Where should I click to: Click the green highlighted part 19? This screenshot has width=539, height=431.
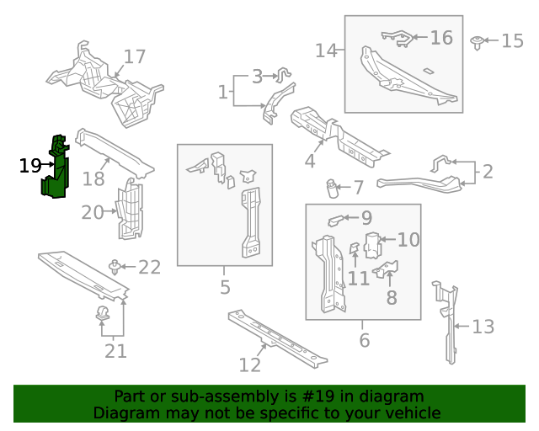(x=56, y=168)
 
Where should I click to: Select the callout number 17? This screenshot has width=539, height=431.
(x=135, y=57)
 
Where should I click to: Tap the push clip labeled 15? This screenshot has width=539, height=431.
(x=478, y=40)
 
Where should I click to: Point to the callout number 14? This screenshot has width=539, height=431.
(x=326, y=51)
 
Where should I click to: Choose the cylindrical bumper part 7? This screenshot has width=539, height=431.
(x=333, y=187)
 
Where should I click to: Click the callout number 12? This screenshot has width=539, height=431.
(x=250, y=364)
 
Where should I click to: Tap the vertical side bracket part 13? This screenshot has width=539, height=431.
(x=448, y=324)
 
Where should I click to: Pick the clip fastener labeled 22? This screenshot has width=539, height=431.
(x=114, y=268)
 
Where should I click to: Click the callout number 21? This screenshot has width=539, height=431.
(x=115, y=350)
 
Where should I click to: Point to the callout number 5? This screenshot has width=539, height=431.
(x=225, y=288)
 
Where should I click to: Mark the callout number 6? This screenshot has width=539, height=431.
(x=364, y=340)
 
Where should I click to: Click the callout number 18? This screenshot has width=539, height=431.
(x=93, y=178)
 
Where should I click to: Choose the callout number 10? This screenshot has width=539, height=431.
(x=408, y=240)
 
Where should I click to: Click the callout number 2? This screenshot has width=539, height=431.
(x=487, y=172)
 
